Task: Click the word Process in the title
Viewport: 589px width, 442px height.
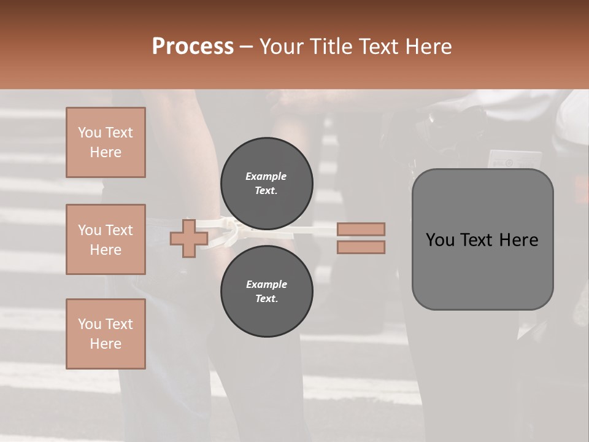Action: [x=193, y=47]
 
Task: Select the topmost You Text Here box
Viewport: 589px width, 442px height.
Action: [x=106, y=142]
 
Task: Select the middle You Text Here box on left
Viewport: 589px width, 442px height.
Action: [x=106, y=239]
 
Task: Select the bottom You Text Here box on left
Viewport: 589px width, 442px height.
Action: [x=106, y=334]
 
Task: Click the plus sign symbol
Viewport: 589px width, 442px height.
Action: [x=188, y=239]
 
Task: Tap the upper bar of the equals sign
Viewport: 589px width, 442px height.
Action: [x=361, y=229]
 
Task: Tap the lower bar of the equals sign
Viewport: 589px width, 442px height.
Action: [x=361, y=247]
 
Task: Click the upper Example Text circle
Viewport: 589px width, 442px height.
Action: [x=266, y=184]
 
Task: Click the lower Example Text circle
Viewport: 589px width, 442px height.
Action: [x=266, y=292]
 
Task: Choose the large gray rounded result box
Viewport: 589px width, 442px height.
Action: [x=482, y=270]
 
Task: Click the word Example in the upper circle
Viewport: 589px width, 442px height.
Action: [x=266, y=176]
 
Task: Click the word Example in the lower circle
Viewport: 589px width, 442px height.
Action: [x=266, y=284]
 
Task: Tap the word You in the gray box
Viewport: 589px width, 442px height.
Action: [x=440, y=240]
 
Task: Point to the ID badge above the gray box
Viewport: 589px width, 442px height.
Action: [x=514, y=159]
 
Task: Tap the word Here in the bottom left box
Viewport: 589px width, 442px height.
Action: [x=106, y=344]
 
